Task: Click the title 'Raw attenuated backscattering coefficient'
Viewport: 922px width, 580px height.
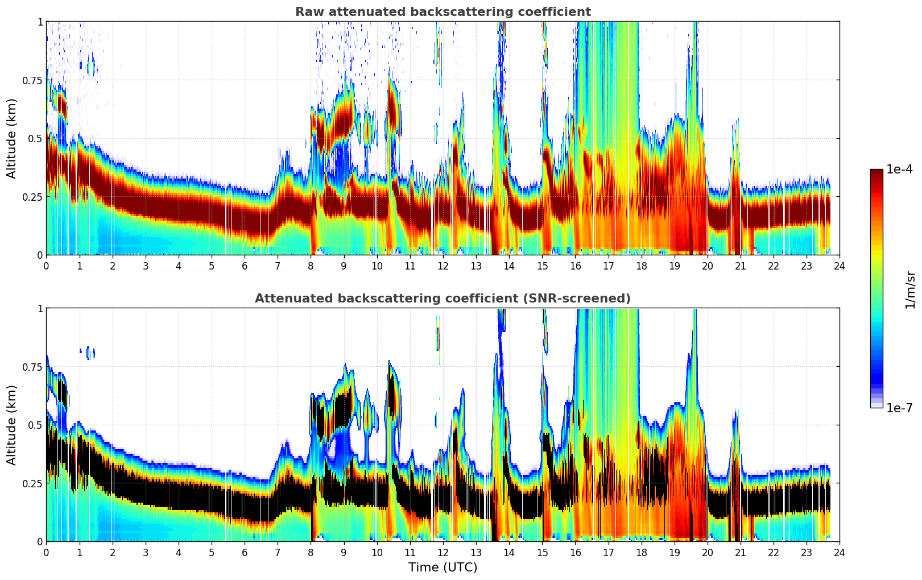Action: (443, 12)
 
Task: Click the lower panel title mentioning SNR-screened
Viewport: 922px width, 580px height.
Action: (443, 299)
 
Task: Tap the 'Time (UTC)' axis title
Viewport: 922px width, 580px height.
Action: (443, 567)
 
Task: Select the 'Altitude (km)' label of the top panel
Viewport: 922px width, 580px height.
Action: (12, 138)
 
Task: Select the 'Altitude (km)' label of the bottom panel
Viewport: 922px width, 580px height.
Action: (12, 425)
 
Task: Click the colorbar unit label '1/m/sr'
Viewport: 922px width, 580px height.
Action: (910, 289)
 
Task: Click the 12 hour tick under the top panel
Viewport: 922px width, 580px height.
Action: (443, 266)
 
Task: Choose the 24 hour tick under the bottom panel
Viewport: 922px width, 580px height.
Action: (840, 552)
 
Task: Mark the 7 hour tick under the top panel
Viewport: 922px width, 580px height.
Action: (278, 266)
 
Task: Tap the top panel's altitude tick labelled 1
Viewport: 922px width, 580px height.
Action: (40, 22)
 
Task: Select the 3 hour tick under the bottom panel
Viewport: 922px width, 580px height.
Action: (146, 552)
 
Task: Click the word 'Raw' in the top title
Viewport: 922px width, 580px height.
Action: (308, 12)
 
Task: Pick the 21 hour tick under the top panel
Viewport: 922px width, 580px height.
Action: (740, 266)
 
